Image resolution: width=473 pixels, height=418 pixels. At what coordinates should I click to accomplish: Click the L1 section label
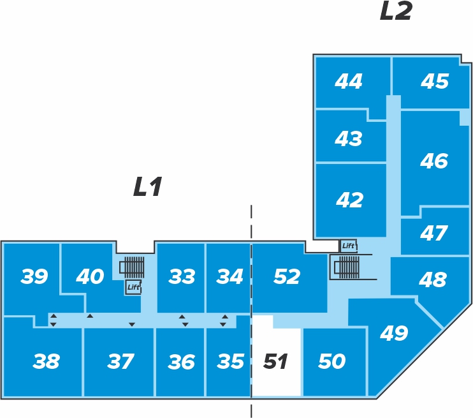[x=148, y=186]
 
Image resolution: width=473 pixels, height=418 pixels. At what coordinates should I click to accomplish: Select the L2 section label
[x=396, y=11]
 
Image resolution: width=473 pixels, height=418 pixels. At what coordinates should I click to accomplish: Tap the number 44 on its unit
[x=349, y=81]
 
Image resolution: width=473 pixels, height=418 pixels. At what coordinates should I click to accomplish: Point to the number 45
[x=435, y=81]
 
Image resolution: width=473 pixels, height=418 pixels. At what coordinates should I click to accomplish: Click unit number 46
[x=434, y=160]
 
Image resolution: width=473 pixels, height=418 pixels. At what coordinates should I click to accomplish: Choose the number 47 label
[x=433, y=233]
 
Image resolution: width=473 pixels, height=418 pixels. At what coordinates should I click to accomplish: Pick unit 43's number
[x=349, y=138]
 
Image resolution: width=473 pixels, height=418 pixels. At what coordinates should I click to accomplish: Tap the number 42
[x=349, y=200]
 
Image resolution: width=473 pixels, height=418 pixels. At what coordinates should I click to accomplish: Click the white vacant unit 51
[x=276, y=356]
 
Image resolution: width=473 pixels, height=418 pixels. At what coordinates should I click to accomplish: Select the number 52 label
[x=287, y=276]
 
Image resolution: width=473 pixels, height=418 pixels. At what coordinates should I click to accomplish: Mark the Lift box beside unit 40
[x=133, y=287]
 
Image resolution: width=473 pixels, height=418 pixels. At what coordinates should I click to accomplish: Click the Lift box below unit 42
[x=349, y=246]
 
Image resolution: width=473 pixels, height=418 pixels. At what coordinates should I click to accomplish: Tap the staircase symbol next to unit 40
[x=132, y=267]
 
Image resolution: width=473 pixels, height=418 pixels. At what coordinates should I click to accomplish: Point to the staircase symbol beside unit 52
[x=346, y=267]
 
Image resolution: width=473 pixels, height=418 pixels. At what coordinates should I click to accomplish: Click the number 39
[x=34, y=276]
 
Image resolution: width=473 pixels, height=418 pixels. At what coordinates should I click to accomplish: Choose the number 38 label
[x=46, y=361]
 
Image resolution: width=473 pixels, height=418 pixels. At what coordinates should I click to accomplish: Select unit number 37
[x=120, y=361]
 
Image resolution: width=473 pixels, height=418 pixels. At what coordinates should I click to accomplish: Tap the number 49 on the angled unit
[x=394, y=333]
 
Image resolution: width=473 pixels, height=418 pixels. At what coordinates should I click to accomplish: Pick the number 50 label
[x=332, y=361]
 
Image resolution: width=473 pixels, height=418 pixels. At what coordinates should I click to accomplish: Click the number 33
[x=182, y=276]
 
